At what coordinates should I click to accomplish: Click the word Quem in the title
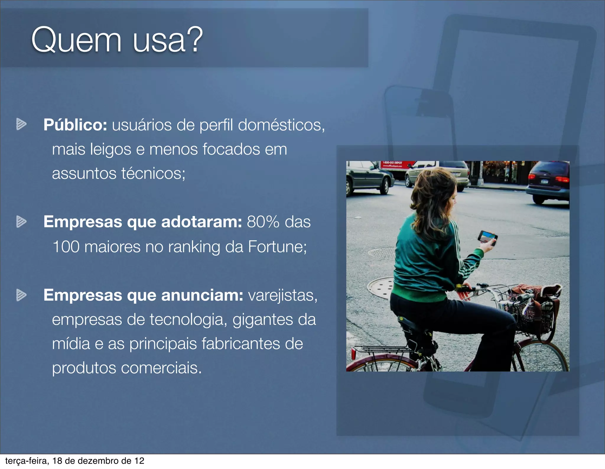click(76, 40)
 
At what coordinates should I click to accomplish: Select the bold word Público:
click(75, 125)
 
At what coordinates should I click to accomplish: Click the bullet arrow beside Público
click(21, 124)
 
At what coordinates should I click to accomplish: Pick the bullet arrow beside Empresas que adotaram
click(21, 221)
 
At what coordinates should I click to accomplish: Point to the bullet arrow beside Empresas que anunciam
click(21, 295)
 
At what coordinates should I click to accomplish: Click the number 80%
click(263, 222)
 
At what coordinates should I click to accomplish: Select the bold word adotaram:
click(202, 222)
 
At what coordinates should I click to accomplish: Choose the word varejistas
click(282, 296)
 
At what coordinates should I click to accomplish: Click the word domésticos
click(281, 125)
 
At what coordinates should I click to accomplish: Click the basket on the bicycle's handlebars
click(532, 313)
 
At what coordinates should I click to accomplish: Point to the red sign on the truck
click(396, 164)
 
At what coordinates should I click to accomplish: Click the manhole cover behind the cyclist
click(381, 287)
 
